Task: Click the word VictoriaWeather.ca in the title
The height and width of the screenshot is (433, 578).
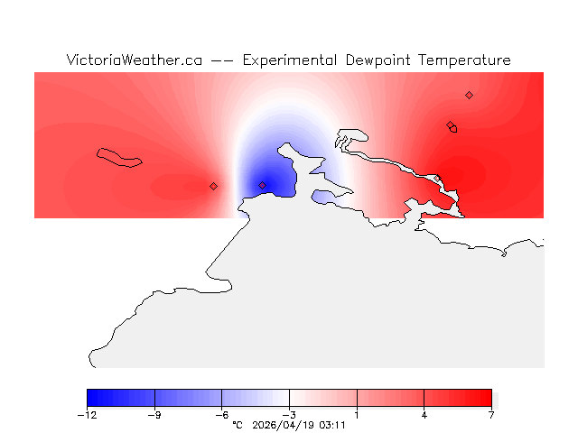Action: click(x=134, y=60)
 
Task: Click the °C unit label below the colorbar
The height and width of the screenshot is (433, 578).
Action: click(x=238, y=424)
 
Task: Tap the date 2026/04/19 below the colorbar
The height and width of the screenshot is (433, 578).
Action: click(x=284, y=424)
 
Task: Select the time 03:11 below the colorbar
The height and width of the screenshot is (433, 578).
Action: click(x=332, y=424)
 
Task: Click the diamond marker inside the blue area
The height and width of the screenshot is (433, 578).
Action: click(x=263, y=186)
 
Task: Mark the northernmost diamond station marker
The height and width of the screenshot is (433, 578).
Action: click(x=469, y=95)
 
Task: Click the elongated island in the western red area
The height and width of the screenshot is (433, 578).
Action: click(x=120, y=158)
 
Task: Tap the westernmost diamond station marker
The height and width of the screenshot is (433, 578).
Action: click(x=213, y=186)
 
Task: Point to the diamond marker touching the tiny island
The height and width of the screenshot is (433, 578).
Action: click(x=450, y=125)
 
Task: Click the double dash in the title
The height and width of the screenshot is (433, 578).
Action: click(x=221, y=60)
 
